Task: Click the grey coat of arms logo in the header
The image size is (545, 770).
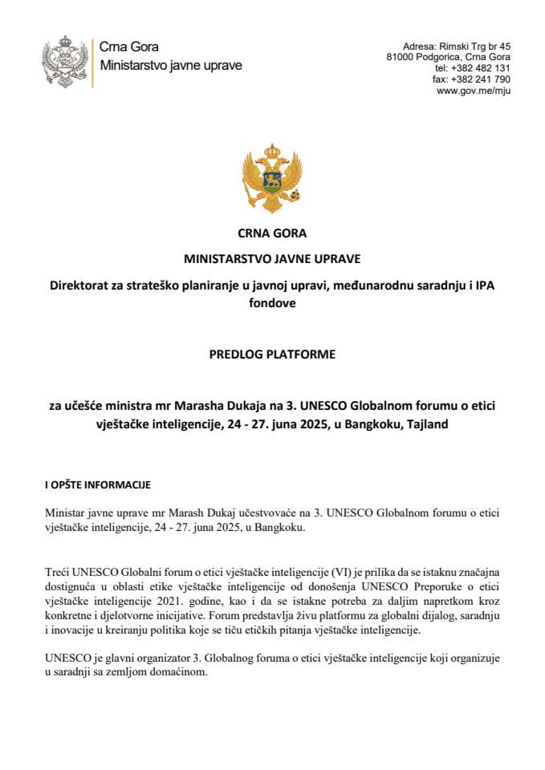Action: click(x=63, y=62)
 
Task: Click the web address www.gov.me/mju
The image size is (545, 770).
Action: click(x=474, y=91)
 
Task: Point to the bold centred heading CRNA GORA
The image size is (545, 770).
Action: click(x=272, y=234)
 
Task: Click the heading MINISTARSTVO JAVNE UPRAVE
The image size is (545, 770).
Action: click(x=272, y=260)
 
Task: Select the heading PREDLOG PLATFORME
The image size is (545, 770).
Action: click(x=272, y=351)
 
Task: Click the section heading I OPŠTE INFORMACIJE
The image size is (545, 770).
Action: click(x=97, y=485)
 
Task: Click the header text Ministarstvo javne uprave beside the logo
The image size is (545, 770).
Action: click(x=170, y=65)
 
